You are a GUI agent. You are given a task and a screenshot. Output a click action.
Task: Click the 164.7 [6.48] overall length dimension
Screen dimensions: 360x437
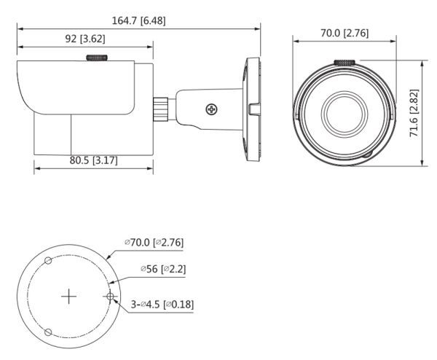point(138,20)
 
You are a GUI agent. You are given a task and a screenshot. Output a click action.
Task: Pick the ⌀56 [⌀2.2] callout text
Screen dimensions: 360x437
point(163,269)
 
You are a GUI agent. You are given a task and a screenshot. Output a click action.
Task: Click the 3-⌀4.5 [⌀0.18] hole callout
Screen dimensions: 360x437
point(162,304)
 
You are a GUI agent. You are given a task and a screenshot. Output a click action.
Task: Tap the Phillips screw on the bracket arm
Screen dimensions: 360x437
point(211,110)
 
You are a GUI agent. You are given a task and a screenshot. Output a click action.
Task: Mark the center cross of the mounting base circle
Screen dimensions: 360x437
point(68,297)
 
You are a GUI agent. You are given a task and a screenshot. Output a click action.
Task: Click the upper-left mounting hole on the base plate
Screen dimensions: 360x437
point(47,260)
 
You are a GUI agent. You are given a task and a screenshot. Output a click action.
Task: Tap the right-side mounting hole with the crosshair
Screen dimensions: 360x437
point(110,297)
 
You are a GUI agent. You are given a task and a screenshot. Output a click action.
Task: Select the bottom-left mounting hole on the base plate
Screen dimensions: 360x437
point(47,332)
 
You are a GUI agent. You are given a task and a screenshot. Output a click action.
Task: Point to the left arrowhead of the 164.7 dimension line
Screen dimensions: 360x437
point(20,29)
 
